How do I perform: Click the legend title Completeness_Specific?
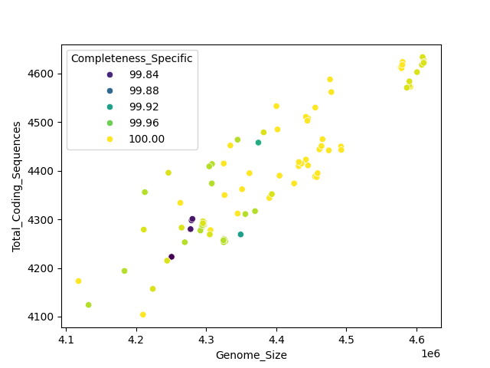click(132, 58)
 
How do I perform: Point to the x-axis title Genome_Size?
click(251, 355)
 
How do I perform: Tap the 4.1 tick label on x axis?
click(66, 338)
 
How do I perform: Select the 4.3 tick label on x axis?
click(206, 338)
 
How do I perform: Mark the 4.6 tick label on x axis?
click(416, 338)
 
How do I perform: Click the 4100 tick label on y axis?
click(44, 317)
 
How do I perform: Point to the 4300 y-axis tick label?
click(44, 220)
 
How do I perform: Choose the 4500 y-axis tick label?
click(44, 123)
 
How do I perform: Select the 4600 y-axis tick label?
click(44, 74)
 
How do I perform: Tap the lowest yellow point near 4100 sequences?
click(143, 314)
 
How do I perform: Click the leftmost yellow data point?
click(78, 281)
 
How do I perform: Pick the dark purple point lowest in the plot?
click(171, 257)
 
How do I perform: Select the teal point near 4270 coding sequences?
click(240, 235)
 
